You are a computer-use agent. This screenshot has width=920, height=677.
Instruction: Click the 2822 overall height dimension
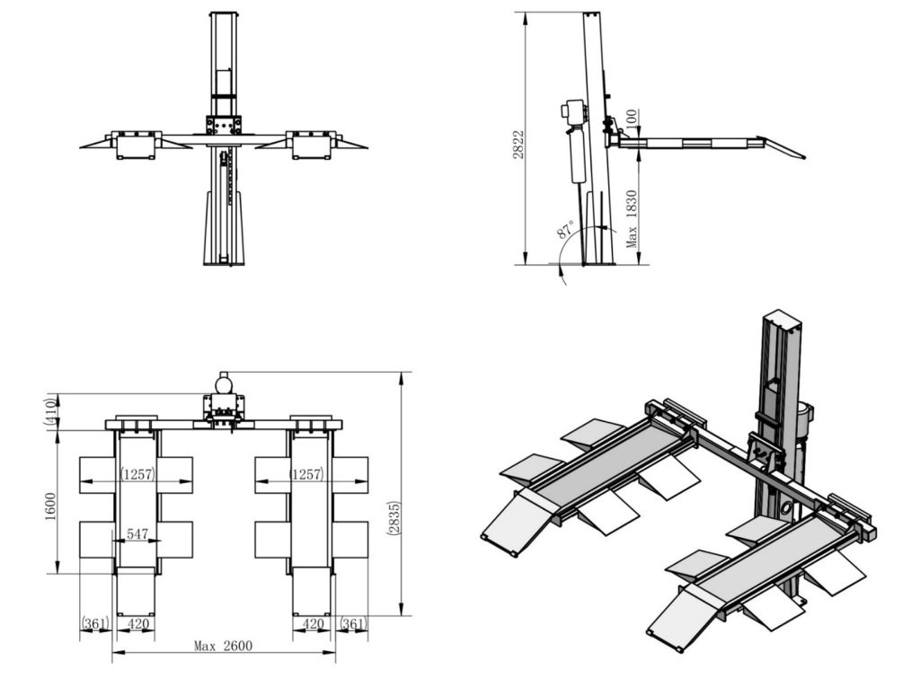518,144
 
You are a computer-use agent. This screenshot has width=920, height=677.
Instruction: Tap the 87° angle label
566,229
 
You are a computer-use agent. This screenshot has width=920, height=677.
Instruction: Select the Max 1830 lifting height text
632,218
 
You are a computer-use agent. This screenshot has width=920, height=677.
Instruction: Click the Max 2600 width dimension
223,646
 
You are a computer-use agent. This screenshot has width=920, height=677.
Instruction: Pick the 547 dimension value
137,534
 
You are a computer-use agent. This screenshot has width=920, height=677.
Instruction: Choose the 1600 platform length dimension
50,506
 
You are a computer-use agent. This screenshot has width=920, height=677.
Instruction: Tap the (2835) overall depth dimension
394,517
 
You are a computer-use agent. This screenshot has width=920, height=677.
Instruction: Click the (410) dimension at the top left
51,412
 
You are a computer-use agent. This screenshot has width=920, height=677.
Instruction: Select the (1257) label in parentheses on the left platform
137,474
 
